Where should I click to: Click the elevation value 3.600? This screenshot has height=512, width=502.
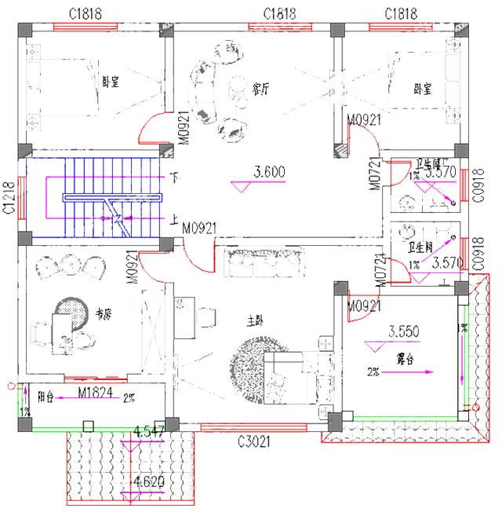pyautogui.click(x=268, y=171)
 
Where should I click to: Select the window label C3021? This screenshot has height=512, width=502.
pyautogui.click(x=254, y=443)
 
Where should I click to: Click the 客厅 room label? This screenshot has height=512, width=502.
pyautogui.click(x=261, y=89)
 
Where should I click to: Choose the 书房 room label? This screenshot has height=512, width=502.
pyautogui.click(x=103, y=314)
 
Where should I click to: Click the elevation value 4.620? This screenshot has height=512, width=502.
pyautogui.click(x=149, y=481)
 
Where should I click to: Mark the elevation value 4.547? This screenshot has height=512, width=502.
pyautogui.click(x=149, y=431)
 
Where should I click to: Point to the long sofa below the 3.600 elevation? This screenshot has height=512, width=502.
pyautogui.click(x=263, y=263)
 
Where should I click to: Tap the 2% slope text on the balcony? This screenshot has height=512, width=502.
pyautogui.click(x=129, y=399)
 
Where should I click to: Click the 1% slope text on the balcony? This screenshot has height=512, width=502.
pyautogui.click(x=24, y=411)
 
